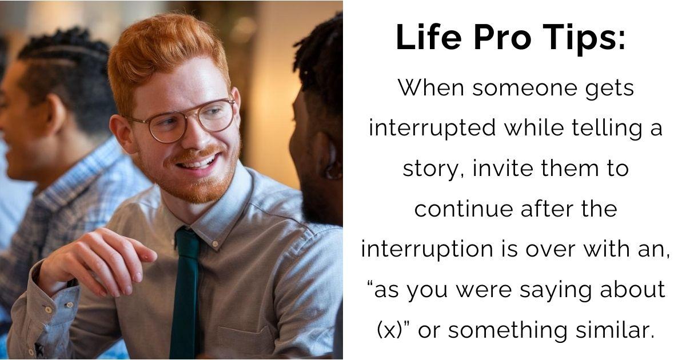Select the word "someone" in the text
pos(519,89)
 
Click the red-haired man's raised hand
pos(97,257)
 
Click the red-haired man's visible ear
pos(122,133)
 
